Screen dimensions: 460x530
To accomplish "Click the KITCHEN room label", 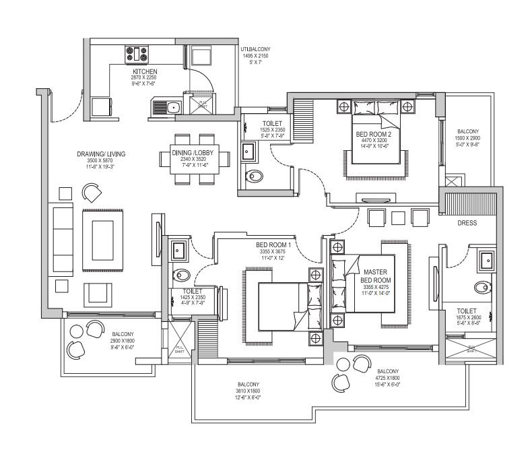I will click(x=145, y=71).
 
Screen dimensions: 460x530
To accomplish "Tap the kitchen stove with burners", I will click(x=137, y=53).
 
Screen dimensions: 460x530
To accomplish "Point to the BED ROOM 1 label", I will click(x=273, y=244).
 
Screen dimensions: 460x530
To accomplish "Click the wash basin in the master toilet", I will click(x=486, y=259).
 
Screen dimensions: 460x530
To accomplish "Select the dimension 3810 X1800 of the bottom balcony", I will click(x=248, y=391).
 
